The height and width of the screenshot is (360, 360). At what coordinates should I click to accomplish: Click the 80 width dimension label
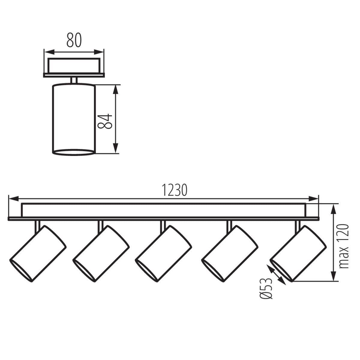(x=74, y=40)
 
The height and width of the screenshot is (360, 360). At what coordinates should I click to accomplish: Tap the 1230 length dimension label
(x=175, y=190)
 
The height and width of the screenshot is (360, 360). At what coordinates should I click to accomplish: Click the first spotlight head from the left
(x=38, y=254)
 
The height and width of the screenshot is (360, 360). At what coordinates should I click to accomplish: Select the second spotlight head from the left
(x=101, y=254)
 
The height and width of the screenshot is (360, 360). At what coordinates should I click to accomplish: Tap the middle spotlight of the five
(x=163, y=254)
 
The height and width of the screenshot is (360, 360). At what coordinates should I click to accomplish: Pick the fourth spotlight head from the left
(x=230, y=254)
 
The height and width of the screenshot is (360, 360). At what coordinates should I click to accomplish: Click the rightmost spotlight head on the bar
(x=298, y=254)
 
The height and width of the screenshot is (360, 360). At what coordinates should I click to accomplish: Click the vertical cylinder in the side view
(x=74, y=118)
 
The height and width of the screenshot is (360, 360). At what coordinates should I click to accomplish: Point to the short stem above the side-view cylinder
(x=74, y=80)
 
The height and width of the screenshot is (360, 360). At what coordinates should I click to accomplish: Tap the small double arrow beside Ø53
(x=276, y=275)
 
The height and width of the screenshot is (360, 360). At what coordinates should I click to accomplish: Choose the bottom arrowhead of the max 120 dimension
(x=333, y=277)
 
